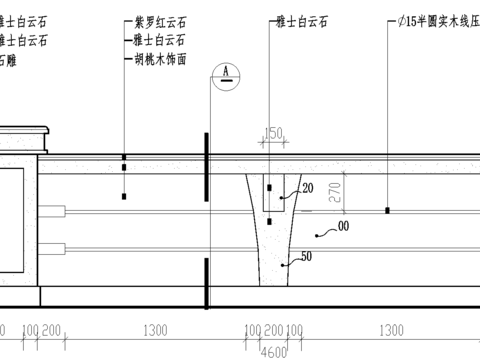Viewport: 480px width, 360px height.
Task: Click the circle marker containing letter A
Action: pyautogui.click(x=228, y=72)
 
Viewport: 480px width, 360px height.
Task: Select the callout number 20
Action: pyautogui.click(x=307, y=188)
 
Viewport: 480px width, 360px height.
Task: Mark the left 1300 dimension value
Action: pyautogui.click(x=155, y=329)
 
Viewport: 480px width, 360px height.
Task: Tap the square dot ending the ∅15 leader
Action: pyautogui.click(x=388, y=211)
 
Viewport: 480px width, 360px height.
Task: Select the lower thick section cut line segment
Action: pyautogui.click(x=206, y=284)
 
